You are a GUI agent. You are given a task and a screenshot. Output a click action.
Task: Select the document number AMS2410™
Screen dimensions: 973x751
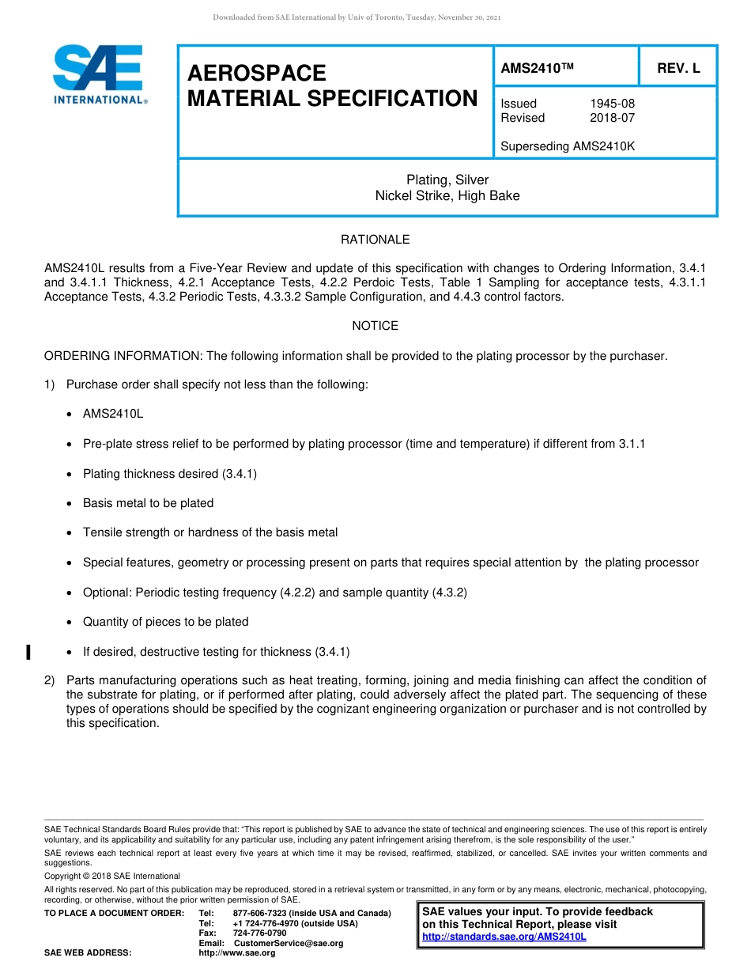[x=537, y=69]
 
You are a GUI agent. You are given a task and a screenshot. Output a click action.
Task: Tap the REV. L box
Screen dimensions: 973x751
[x=678, y=69]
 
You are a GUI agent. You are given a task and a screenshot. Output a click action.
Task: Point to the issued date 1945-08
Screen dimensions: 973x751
[x=612, y=104]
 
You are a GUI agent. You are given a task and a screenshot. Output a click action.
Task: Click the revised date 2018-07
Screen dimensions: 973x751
[x=612, y=118]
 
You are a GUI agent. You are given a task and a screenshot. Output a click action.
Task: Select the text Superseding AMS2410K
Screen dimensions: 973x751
[x=568, y=146]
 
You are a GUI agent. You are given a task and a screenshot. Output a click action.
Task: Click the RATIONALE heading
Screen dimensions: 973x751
[x=375, y=240]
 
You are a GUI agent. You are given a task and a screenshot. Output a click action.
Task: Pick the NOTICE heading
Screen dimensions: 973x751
[x=375, y=326]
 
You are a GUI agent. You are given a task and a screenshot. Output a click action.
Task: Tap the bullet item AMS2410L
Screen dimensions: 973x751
[x=113, y=414]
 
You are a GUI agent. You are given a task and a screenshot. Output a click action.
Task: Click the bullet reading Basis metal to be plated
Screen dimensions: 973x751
[x=148, y=503]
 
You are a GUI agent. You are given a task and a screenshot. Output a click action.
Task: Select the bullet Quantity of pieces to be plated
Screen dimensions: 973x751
[x=165, y=622]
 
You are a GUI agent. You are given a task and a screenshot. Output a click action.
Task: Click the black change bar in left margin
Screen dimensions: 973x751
[x=28, y=652]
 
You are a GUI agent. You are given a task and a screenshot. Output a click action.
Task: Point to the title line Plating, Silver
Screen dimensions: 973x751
[x=447, y=180]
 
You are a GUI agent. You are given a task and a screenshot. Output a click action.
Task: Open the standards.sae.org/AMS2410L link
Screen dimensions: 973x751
[x=504, y=937]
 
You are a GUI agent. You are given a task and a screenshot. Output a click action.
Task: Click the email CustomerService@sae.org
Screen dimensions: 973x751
[x=289, y=943]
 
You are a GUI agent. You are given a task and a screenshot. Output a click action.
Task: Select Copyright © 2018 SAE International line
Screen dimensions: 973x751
[x=112, y=876]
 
